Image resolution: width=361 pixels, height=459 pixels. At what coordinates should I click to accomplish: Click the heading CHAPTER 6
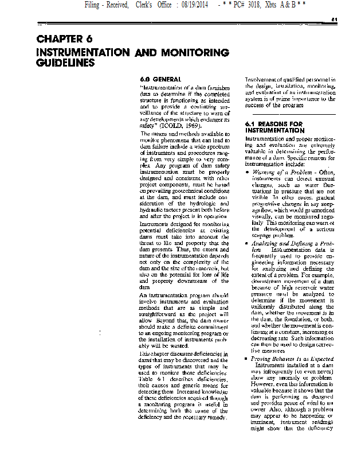(64, 40)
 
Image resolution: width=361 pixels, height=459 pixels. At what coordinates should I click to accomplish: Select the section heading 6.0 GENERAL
(160, 79)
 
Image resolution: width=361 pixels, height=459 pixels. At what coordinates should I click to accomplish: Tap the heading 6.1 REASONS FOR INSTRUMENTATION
(274, 127)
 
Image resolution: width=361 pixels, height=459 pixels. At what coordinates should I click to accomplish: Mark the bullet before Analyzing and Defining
(246, 244)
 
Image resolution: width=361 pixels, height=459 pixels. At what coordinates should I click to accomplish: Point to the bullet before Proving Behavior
(246, 359)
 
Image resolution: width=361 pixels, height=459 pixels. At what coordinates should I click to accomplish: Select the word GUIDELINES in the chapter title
(65, 63)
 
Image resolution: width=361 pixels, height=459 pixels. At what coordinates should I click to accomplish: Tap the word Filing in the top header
(96, 5)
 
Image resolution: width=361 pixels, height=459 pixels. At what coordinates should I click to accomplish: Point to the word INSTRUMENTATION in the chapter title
(83, 52)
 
